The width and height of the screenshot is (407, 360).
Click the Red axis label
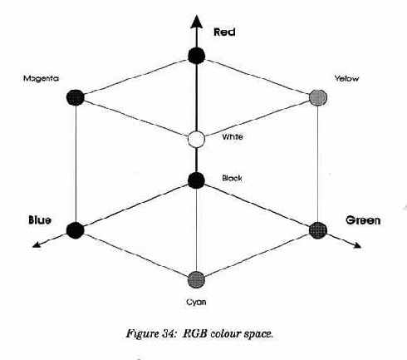coord(224,32)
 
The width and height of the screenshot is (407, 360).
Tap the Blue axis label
coord(40,220)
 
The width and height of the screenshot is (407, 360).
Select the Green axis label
coord(363,220)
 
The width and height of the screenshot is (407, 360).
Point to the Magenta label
coord(41,78)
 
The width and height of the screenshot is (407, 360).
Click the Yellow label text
coord(346,78)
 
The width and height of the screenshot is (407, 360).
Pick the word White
coord(233,136)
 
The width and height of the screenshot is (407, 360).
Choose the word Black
coord(232,178)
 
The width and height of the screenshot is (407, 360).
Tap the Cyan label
coord(196,302)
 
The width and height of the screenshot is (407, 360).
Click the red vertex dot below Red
coord(197,56)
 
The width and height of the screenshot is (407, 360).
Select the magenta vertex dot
coord(76,97)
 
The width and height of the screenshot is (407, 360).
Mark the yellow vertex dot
coord(318,97)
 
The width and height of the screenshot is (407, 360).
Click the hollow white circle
coord(196,139)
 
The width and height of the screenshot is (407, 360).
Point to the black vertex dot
coord(196,180)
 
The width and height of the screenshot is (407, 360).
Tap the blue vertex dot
coord(75,230)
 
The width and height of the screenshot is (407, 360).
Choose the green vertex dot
coord(318,230)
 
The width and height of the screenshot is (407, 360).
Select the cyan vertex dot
coord(196,279)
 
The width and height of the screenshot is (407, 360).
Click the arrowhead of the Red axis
coord(197,22)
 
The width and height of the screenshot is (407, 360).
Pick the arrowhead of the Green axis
coord(356,244)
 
